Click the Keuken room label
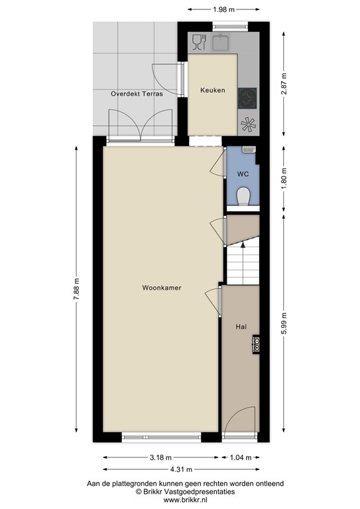[213, 90]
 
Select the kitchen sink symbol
[221, 43]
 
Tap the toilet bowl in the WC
[243, 196]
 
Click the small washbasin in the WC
[249, 151]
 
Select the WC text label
[243, 174]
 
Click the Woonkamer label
[162, 288]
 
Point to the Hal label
[241, 327]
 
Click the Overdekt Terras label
[136, 94]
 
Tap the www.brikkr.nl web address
[181, 501]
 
